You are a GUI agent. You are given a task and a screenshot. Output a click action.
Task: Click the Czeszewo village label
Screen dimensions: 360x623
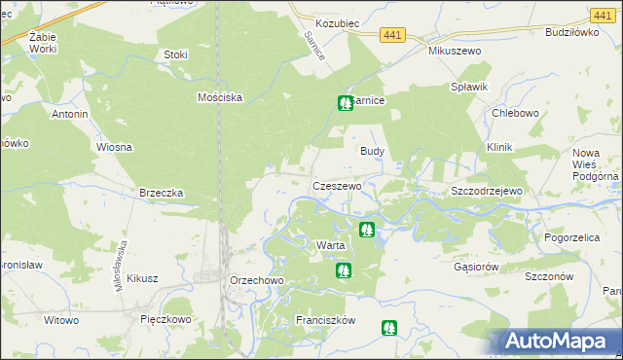[x=337, y=185]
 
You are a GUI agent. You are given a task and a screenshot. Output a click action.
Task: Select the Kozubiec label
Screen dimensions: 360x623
[x=339, y=21]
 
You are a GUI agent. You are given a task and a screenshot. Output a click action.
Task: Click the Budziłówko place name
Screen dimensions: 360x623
[x=570, y=32]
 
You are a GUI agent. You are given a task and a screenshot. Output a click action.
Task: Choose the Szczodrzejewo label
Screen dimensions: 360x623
[x=487, y=191]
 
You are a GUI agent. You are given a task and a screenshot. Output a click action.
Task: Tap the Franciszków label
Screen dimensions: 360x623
[x=326, y=319]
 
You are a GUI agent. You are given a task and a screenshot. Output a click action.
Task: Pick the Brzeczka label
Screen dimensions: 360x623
[x=162, y=193]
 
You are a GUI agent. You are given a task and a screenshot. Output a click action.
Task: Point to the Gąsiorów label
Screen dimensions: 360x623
[x=476, y=266]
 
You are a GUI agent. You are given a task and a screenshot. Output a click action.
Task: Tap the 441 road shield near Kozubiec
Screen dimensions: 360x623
[x=391, y=34]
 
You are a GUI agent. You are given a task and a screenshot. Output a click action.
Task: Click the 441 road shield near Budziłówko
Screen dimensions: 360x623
[x=601, y=15]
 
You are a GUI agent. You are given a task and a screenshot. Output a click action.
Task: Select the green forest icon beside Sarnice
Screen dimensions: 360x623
[x=344, y=102]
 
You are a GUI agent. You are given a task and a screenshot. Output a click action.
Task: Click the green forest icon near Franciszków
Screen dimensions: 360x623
[x=389, y=329]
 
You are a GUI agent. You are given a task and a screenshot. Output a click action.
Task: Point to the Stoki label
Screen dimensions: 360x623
[x=176, y=54]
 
